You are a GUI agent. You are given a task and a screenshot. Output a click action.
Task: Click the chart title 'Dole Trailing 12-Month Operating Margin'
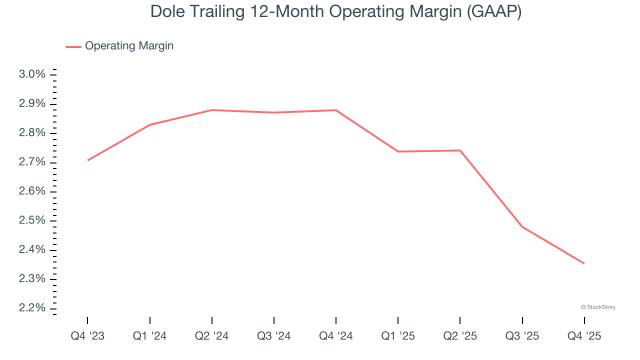point(336,12)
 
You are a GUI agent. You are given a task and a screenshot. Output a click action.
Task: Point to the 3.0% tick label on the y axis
point(32,74)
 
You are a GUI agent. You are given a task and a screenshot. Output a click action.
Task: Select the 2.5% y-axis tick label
point(32,220)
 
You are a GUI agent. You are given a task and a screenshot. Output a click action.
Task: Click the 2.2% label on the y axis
point(32,308)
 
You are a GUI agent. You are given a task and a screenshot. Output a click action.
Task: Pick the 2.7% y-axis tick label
point(32,162)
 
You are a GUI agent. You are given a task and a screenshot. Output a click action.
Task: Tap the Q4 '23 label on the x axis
point(87,336)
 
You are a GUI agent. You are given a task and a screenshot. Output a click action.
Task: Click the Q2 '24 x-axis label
point(212,336)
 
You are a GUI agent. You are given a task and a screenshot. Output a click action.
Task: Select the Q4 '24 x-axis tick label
point(336,336)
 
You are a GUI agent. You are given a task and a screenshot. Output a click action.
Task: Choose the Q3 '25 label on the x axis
point(522,336)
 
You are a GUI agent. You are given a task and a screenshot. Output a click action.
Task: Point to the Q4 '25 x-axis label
point(584,336)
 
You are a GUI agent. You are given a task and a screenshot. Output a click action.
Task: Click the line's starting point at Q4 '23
point(88,160)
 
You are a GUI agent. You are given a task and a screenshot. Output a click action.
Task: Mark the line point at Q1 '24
point(150,125)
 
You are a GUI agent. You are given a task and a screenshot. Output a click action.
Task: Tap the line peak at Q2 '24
point(212,110)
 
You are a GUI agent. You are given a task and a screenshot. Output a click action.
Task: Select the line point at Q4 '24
point(336,110)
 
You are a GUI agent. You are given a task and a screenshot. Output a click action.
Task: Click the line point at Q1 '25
point(398,151)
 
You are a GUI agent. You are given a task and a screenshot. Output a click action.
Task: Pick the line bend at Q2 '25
point(460,150)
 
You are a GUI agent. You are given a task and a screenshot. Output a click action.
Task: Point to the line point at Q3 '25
point(522,226)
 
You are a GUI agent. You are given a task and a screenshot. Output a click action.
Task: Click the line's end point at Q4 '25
point(584,263)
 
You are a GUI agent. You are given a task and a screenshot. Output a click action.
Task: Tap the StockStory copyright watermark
point(598,307)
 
